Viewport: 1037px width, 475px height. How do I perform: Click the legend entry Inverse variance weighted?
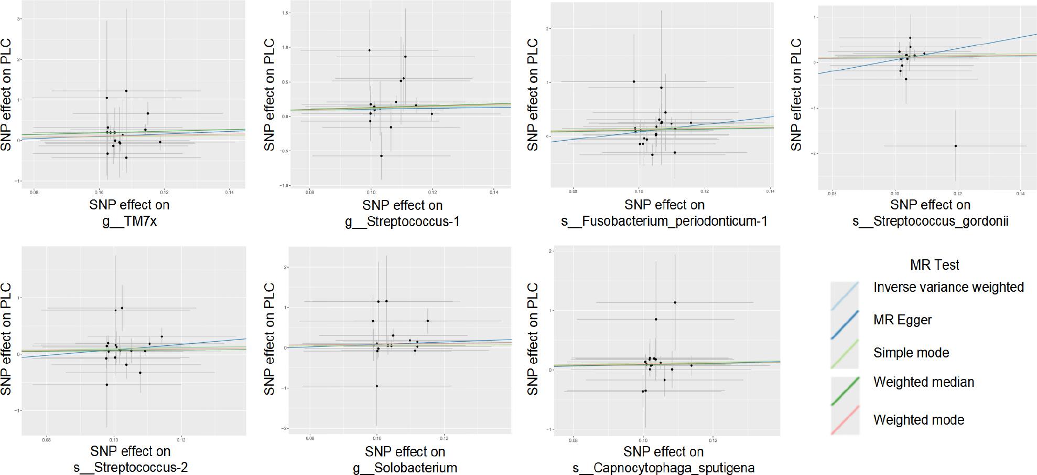click(948, 287)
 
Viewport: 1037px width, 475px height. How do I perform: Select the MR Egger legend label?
click(902, 320)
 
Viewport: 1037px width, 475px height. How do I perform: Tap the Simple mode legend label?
click(911, 353)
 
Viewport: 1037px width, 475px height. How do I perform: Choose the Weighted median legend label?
click(923, 382)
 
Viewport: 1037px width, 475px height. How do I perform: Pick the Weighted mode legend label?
click(919, 420)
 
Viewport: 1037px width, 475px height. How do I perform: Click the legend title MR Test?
click(934, 265)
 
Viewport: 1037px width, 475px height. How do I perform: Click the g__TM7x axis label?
click(129, 221)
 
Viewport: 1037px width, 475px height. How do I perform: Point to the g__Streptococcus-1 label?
click(402, 221)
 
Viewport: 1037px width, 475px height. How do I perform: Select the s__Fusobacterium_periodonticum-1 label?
click(664, 221)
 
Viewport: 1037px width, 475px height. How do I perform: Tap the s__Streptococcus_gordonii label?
click(930, 221)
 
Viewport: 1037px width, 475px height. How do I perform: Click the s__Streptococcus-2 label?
click(131, 468)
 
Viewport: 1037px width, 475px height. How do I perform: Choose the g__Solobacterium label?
click(405, 468)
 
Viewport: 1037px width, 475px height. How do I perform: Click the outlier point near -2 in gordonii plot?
click(955, 146)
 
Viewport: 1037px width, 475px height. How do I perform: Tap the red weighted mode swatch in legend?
click(845, 420)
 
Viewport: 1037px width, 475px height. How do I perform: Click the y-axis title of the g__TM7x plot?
click(6, 95)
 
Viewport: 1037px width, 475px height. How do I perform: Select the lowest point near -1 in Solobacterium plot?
click(376, 386)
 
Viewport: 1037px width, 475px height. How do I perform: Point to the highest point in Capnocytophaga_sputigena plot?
click(675, 302)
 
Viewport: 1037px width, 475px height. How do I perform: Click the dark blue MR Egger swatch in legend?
click(845, 324)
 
